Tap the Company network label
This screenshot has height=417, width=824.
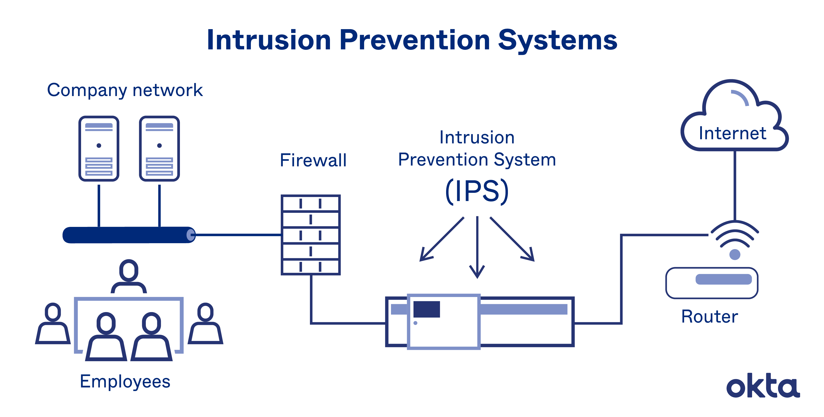125,90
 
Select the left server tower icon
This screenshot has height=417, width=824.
99,149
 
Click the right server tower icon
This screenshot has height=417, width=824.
159,149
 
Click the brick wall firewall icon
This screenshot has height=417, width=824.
311,235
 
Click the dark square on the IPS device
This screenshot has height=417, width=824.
427,309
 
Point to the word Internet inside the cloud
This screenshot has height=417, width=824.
733,133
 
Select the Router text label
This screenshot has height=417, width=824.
710,317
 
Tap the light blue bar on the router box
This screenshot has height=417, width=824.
724,279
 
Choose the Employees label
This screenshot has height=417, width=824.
125,381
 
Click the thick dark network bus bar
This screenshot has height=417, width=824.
128,235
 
